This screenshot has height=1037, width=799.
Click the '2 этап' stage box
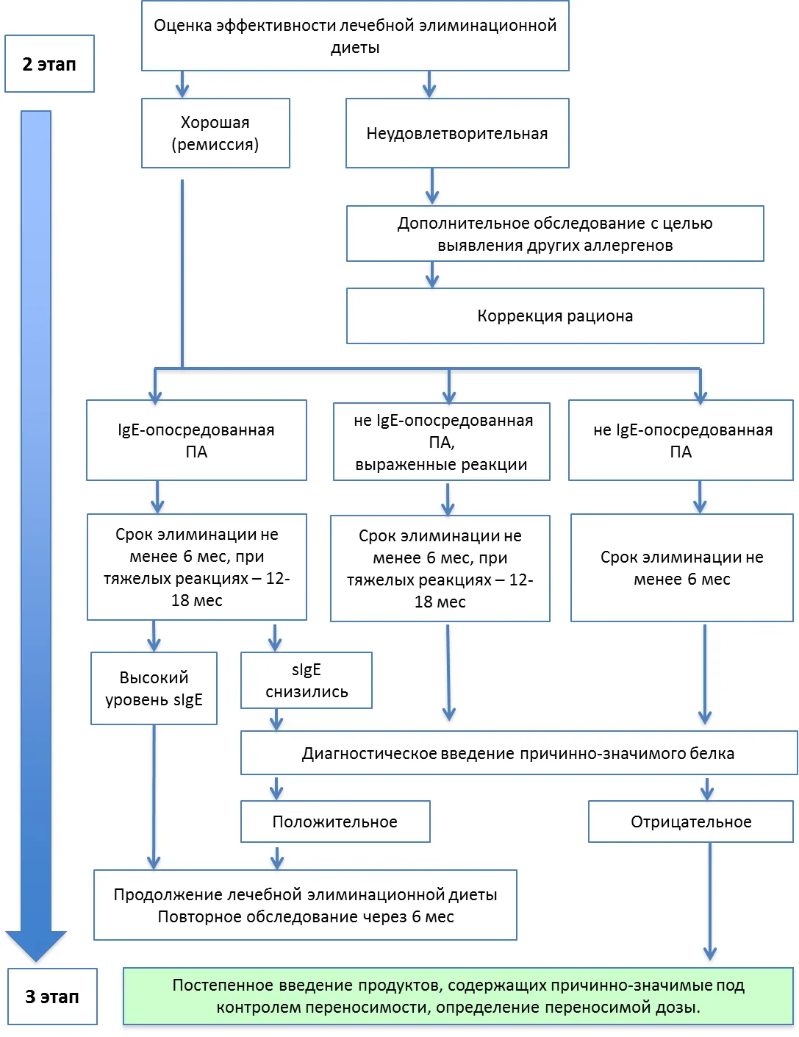pyautogui.click(x=49, y=63)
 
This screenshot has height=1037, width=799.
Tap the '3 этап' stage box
pyautogui.click(x=52, y=997)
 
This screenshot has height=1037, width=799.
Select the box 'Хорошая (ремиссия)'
pyautogui.click(x=215, y=133)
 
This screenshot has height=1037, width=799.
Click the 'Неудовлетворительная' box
pyautogui.click(x=457, y=133)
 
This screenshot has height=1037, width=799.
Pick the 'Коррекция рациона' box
pyautogui.click(x=555, y=316)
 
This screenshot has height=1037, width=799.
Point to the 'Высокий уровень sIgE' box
pyautogui.click(x=154, y=688)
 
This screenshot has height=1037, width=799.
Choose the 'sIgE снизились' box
pyautogui.click(x=307, y=680)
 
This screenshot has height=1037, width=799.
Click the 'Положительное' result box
pyautogui.click(x=335, y=822)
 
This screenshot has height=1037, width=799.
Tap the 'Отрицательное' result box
pyautogui.click(x=691, y=822)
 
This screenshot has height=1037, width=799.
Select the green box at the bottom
pyautogui.click(x=458, y=997)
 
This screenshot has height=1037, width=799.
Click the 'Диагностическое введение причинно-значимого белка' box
pyautogui.click(x=519, y=753)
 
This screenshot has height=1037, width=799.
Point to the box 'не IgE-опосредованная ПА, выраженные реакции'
pyautogui.click(x=442, y=442)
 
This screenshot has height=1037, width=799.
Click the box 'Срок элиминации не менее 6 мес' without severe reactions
pyautogui.click(x=681, y=568)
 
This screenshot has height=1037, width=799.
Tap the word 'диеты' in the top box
pyautogui.click(x=355, y=48)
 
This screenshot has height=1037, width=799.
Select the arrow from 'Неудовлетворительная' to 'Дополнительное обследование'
pyautogui.click(x=432, y=186)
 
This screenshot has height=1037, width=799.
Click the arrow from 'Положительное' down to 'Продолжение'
pyautogui.click(x=277, y=856)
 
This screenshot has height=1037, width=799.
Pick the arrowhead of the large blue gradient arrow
pyautogui.click(x=36, y=946)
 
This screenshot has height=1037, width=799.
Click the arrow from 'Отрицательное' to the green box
pyautogui.click(x=710, y=901)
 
